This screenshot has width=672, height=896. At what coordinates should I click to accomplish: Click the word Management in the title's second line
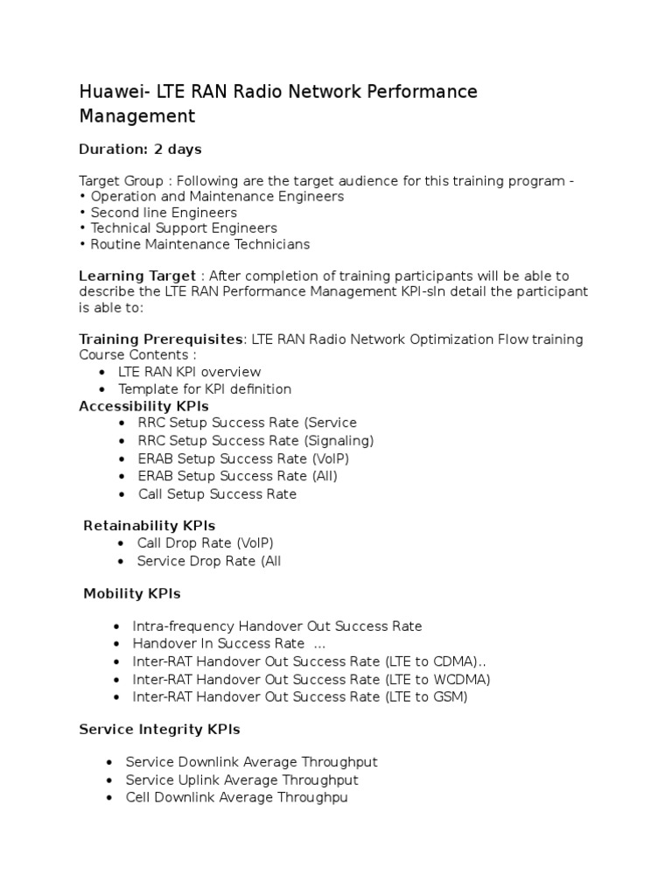[137, 116]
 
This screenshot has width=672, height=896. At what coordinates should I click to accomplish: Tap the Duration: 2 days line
[140, 150]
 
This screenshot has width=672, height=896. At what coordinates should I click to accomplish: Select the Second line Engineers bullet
[164, 213]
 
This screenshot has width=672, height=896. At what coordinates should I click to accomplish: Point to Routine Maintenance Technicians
[200, 244]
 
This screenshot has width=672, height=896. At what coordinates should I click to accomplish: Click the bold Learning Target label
[137, 276]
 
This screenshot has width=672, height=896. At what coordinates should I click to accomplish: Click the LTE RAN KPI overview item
[189, 372]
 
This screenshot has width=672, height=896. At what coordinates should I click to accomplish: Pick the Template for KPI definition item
[205, 388]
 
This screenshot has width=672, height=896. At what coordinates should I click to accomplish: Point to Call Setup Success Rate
[217, 494]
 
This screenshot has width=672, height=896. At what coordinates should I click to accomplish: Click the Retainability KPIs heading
[149, 526]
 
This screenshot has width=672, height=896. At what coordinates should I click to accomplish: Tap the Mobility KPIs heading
[131, 594]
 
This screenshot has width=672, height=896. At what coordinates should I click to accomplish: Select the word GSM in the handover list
[450, 697]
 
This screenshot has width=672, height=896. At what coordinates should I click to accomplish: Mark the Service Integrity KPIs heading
[159, 730]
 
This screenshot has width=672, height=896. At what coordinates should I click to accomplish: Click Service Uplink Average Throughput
[241, 780]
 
